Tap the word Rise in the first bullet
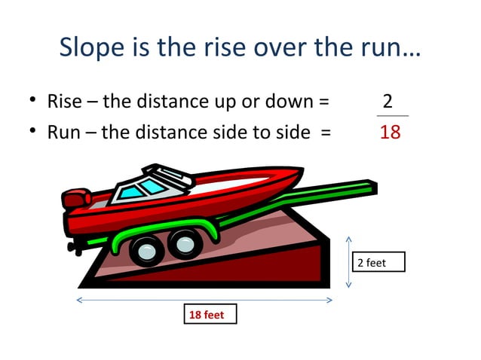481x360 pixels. [x=63, y=101]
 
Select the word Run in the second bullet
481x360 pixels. [x=62, y=133]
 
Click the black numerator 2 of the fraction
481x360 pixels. [x=388, y=101]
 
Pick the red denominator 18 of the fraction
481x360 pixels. [x=390, y=133]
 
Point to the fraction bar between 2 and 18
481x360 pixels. [x=392, y=116]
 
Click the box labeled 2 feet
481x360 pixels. [x=379, y=262]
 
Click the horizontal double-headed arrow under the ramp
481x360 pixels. [x=204, y=301]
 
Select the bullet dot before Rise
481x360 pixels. [x=33, y=102]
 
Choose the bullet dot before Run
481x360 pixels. [x=33, y=133]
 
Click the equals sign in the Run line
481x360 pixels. [x=325, y=133]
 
